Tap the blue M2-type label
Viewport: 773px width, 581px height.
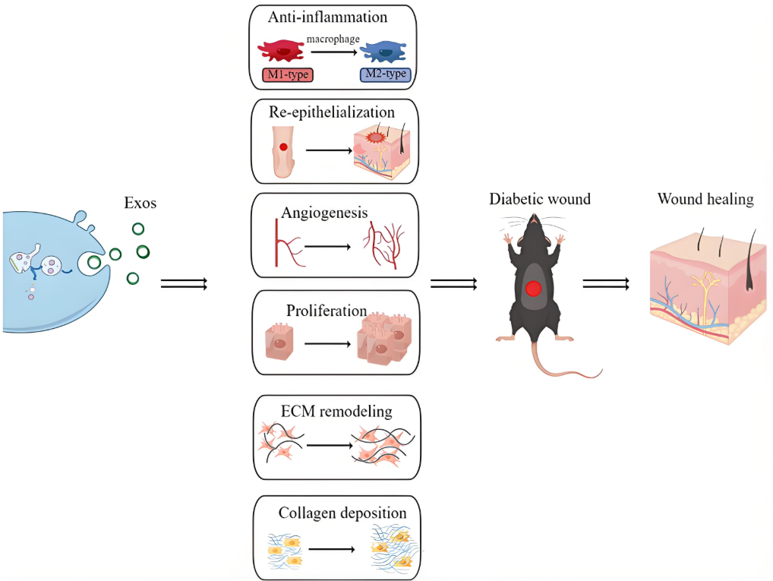pyautogui.click(x=385, y=74)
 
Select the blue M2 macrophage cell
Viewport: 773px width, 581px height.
pyautogui.click(x=386, y=52)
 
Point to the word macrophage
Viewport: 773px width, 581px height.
pyautogui.click(x=334, y=39)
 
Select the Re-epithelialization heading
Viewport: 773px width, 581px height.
pyautogui.click(x=332, y=112)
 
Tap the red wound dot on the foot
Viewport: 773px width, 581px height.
pyautogui.click(x=283, y=147)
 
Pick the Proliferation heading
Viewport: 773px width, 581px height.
pyautogui.click(x=327, y=311)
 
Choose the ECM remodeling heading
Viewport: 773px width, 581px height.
pyautogui.click(x=335, y=412)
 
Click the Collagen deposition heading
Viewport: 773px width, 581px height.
pyautogui.click(x=342, y=513)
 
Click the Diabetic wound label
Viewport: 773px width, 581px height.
pyautogui.click(x=540, y=200)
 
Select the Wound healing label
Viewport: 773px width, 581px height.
pyautogui.click(x=705, y=200)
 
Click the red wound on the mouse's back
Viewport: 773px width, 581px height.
pyautogui.click(x=534, y=289)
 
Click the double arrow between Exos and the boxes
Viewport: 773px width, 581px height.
pyautogui.click(x=184, y=284)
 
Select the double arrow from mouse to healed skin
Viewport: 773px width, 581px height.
pyautogui.click(x=605, y=284)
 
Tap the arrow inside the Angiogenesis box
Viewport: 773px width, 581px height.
pyautogui.click(x=328, y=247)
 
